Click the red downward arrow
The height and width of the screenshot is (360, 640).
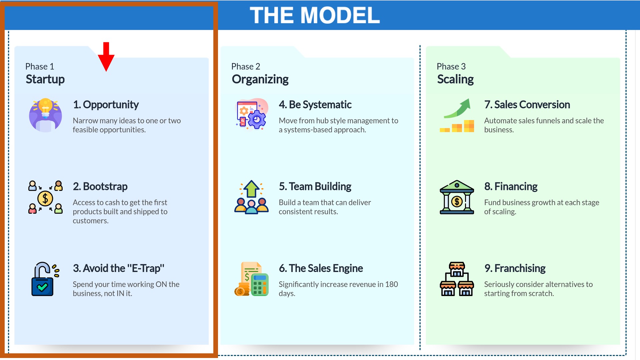click(106, 56)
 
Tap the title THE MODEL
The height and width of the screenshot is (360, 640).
click(315, 15)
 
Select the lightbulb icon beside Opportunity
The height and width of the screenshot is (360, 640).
click(45, 115)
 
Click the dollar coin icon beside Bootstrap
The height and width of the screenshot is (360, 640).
click(45, 197)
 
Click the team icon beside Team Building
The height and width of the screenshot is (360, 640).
click(251, 197)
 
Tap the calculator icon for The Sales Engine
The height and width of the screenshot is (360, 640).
click(252, 279)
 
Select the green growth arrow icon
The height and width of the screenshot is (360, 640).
click(457, 115)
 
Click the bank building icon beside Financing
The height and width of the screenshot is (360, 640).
click(457, 197)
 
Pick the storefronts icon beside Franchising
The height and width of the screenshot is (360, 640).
click(457, 279)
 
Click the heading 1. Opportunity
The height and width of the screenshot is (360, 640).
click(106, 105)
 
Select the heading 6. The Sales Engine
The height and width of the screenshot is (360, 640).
click(321, 268)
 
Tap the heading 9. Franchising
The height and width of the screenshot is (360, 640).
click(515, 268)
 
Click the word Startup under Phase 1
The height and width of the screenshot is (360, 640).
click(45, 79)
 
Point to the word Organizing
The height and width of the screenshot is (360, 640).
click(260, 79)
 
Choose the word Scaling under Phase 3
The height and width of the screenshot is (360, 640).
click(455, 79)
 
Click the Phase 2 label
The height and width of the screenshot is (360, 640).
click(246, 66)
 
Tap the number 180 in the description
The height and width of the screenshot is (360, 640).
click(392, 284)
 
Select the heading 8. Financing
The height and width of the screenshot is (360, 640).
click(511, 187)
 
